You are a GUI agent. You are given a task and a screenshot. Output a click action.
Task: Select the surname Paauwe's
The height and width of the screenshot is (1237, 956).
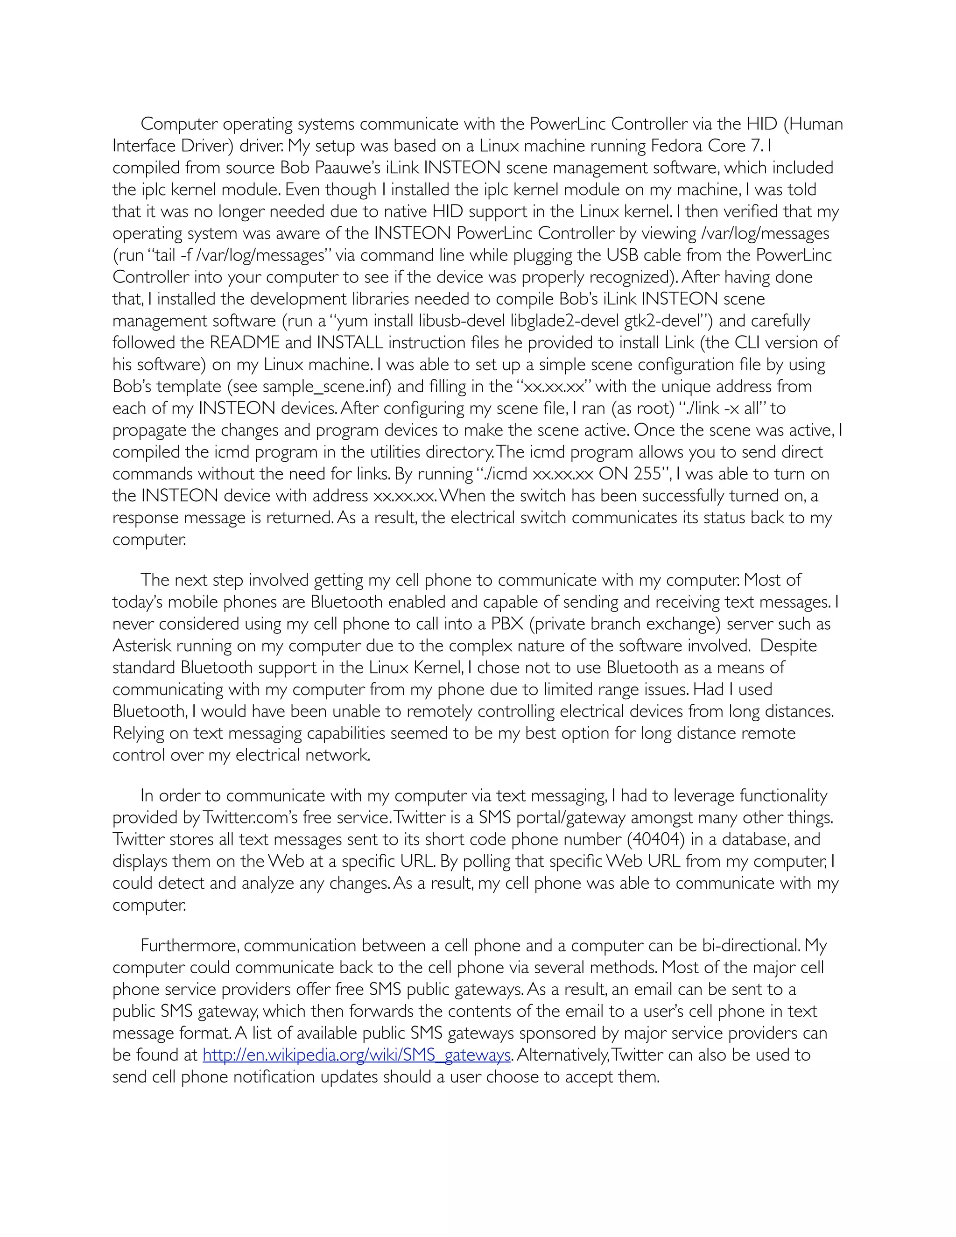(345, 168)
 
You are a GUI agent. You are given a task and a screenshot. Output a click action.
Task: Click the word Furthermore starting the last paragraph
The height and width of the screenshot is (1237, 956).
(190, 946)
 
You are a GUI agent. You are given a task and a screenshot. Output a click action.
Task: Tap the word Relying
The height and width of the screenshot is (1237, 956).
(138, 733)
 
